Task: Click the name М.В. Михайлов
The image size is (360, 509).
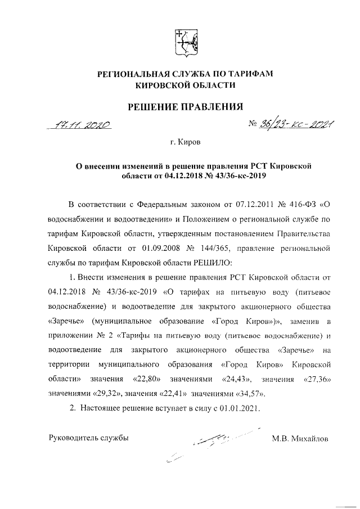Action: pos(299,438)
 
